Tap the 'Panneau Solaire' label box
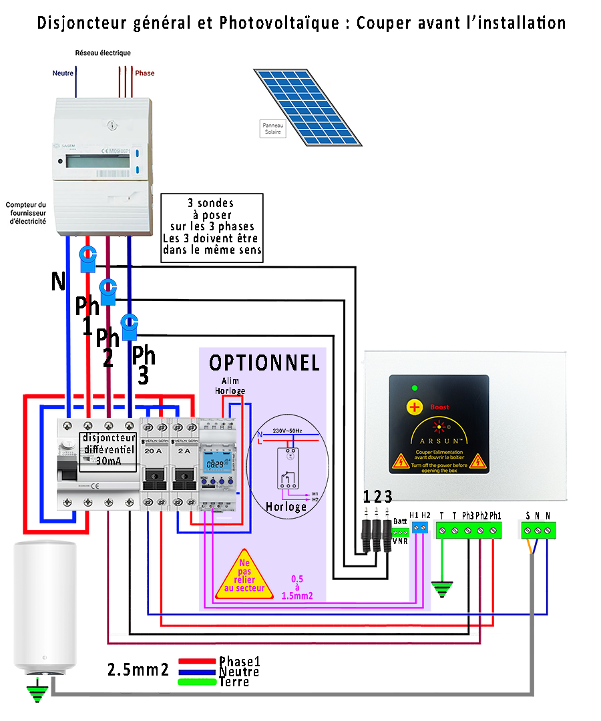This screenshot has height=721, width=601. tap(272, 128)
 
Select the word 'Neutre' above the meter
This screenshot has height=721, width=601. tap(63, 73)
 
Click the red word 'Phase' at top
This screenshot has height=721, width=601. tap(145, 73)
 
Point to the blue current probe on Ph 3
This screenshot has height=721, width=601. tap(130, 326)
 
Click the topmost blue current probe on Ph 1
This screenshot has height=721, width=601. tap(88, 258)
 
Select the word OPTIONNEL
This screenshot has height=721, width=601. tap(264, 363)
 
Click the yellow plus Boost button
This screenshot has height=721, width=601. tap(415, 407)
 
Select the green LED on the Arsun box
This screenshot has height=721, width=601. tap(415, 388)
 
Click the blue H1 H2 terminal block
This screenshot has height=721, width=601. tap(419, 527)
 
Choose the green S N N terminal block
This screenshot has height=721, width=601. tap(538, 530)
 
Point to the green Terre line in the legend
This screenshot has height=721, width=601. tap(198, 682)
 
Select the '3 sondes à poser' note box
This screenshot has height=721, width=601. tap(212, 228)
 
